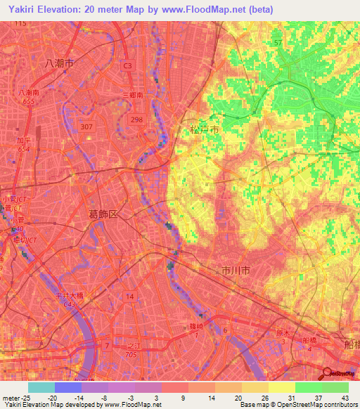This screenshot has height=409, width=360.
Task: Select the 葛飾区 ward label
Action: tap(103, 214)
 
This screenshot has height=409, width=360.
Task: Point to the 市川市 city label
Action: tap(236, 270)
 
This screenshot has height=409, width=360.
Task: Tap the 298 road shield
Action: tap(136, 120)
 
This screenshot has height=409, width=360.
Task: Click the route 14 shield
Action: tap(129, 297)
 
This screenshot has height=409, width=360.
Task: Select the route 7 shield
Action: tap(106, 346)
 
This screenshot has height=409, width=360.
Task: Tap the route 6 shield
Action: tap(225, 330)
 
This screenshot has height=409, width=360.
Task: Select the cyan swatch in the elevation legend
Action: tap(41, 387)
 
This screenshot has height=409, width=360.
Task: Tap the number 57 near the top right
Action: tap(278, 43)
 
